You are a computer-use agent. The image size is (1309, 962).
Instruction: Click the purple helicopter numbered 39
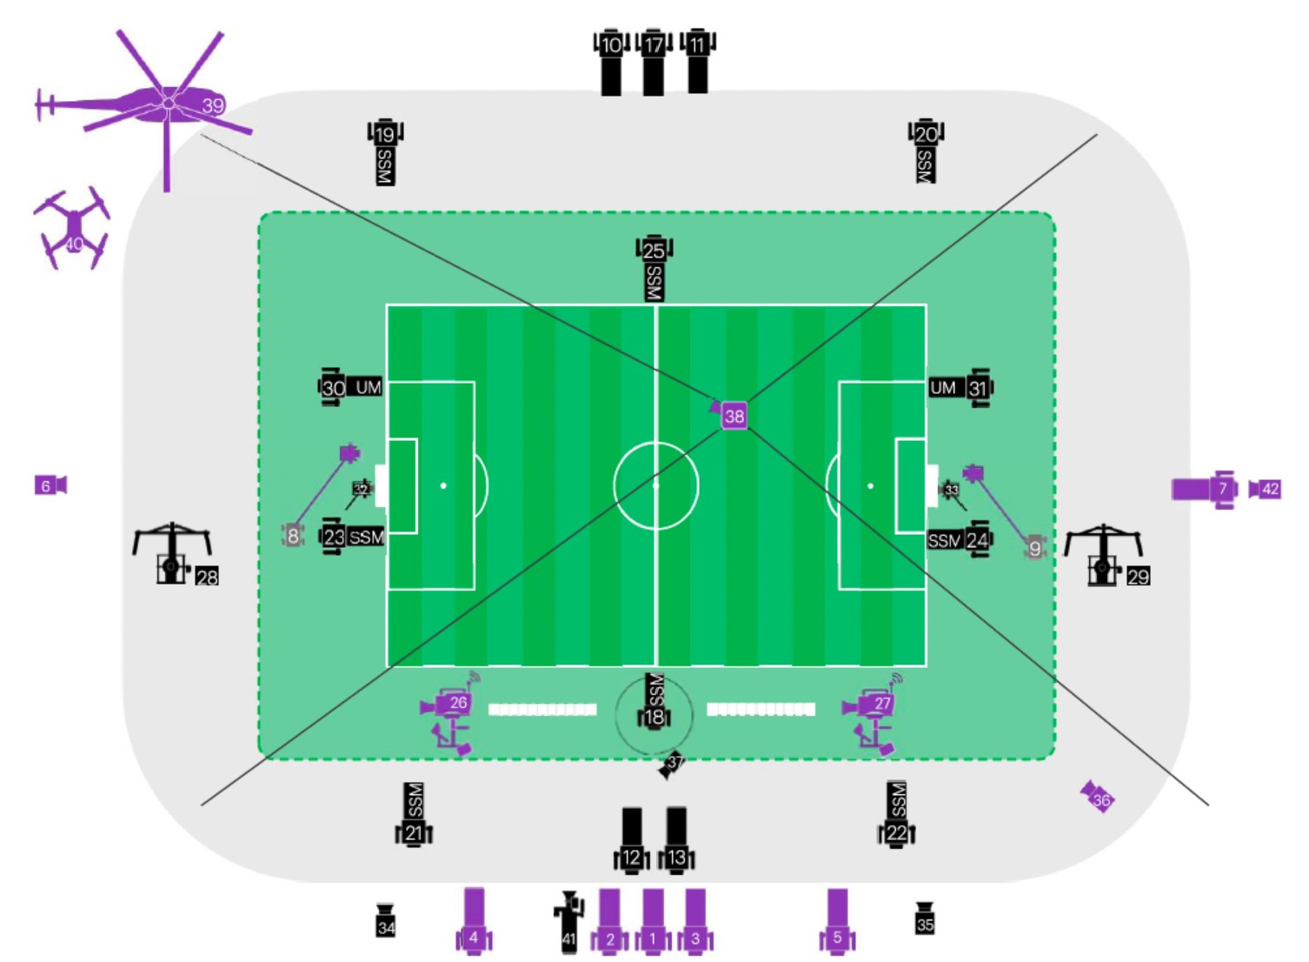click(x=169, y=104)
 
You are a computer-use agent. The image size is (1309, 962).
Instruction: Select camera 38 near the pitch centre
click(x=734, y=416)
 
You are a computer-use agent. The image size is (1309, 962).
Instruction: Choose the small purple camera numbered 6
click(x=50, y=485)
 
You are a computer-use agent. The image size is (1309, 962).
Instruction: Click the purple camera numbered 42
click(x=1266, y=489)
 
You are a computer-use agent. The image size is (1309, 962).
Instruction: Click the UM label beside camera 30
click(x=369, y=387)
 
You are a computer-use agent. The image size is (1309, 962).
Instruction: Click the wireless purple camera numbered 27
click(x=873, y=704)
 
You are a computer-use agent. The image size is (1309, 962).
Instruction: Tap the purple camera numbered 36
click(x=1098, y=797)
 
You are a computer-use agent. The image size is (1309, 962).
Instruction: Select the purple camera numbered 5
click(x=837, y=922)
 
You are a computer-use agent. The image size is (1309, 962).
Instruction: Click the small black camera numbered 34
click(x=386, y=921)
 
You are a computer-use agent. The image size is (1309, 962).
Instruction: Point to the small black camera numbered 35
click(x=925, y=919)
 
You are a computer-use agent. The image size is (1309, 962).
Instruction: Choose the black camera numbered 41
click(x=569, y=922)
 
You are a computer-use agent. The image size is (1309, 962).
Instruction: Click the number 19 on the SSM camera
click(x=385, y=134)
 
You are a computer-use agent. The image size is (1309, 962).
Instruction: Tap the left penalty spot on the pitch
click(x=443, y=485)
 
